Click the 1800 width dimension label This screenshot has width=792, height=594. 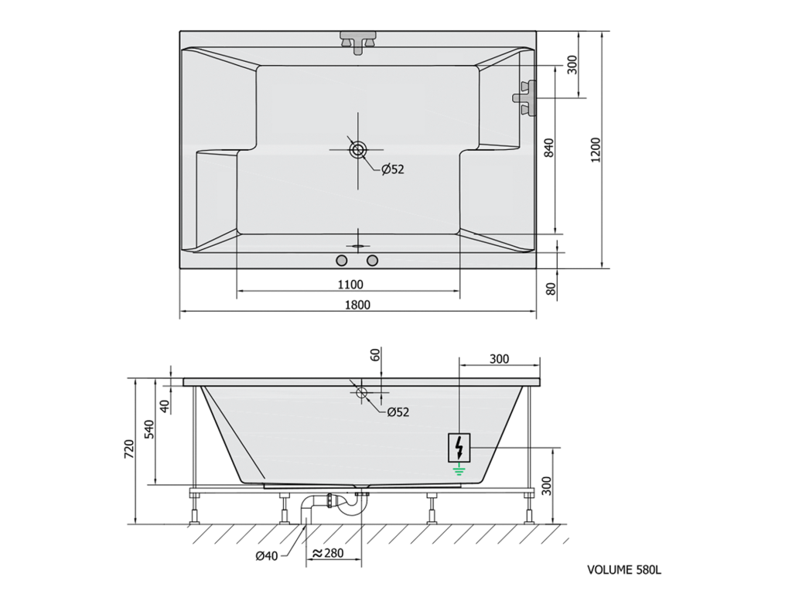tap(357, 305)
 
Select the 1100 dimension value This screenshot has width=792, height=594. tap(350, 285)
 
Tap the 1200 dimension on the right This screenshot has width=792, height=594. tap(596, 149)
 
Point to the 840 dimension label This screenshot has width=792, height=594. tap(550, 148)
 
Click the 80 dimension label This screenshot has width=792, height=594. tap(551, 289)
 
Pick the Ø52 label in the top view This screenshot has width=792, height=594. tap(393, 169)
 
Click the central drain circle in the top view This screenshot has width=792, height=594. tap(358, 149)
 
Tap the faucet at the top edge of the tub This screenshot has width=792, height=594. tap(358, 41)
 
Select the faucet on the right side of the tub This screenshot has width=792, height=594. tap(525, 97)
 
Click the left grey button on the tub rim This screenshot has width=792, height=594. tap(342, 261)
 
